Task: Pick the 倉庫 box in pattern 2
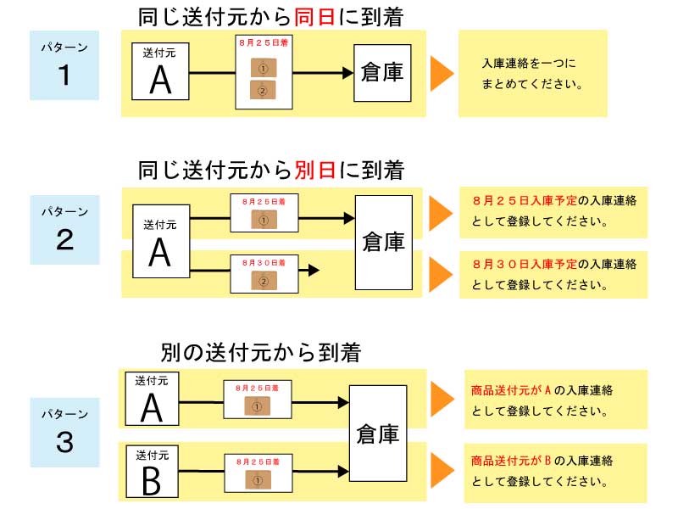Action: pyautogui.click(x=383, y=242)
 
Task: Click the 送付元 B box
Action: pyautogui.click(x=152, y=471)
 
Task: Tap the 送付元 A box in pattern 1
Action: pyautogui.click(x=160, y=74)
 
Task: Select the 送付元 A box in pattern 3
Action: pyautogui.click(x=152, y=399)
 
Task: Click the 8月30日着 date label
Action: pyautogui.click(x=264, y=263)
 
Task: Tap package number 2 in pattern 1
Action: pyautogui.click(x=264, y=90)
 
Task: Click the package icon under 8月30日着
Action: pyautogui.click(x=264, y=281)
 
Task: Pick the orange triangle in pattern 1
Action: pyautogui.click(x=442, y=74)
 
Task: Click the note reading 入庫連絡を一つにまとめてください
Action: pyautogui.click(x=532, y=75)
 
